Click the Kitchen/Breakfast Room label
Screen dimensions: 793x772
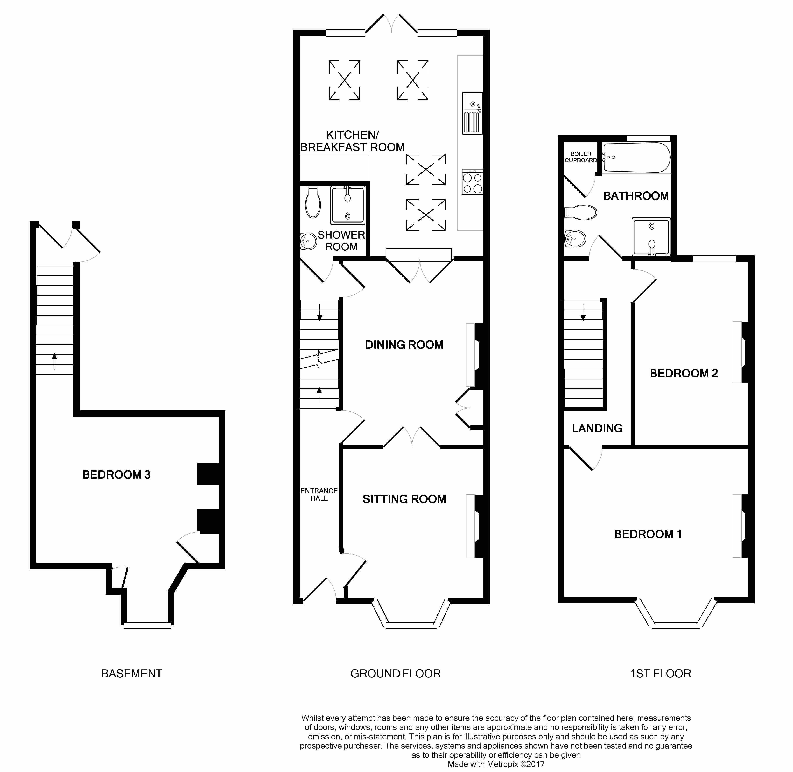352,141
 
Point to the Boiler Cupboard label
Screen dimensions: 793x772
581,157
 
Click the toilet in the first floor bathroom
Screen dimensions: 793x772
581,212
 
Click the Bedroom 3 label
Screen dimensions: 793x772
116,475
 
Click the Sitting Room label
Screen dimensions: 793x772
404,499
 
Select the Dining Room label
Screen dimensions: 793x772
404,345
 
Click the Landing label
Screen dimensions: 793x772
597,428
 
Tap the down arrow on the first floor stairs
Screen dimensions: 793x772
583,313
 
